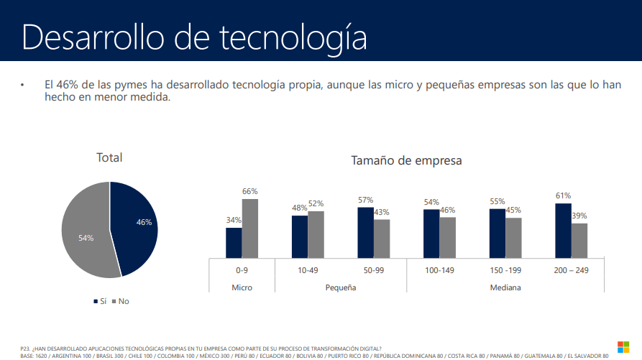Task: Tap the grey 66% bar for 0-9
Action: (x=249, y=228)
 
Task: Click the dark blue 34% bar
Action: (x=234, y=242)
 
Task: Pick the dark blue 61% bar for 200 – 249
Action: (x=563, y=230)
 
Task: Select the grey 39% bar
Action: (x=579, y=240)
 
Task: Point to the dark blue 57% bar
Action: (x=365, y=232)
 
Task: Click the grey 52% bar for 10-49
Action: (x=316, y=234)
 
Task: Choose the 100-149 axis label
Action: (x=439, y=271)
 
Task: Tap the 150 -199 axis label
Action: (x=505, y=271)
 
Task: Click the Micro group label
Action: (x=242, y=287)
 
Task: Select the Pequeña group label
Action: (x=340, y=287)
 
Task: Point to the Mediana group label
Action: (x=505, y=287)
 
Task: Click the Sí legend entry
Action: (x=99, y=301)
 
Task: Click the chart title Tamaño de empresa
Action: (x=406, y=161)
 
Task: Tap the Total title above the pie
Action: (x=109, y=157)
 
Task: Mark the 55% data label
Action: (x=497, y=202)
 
